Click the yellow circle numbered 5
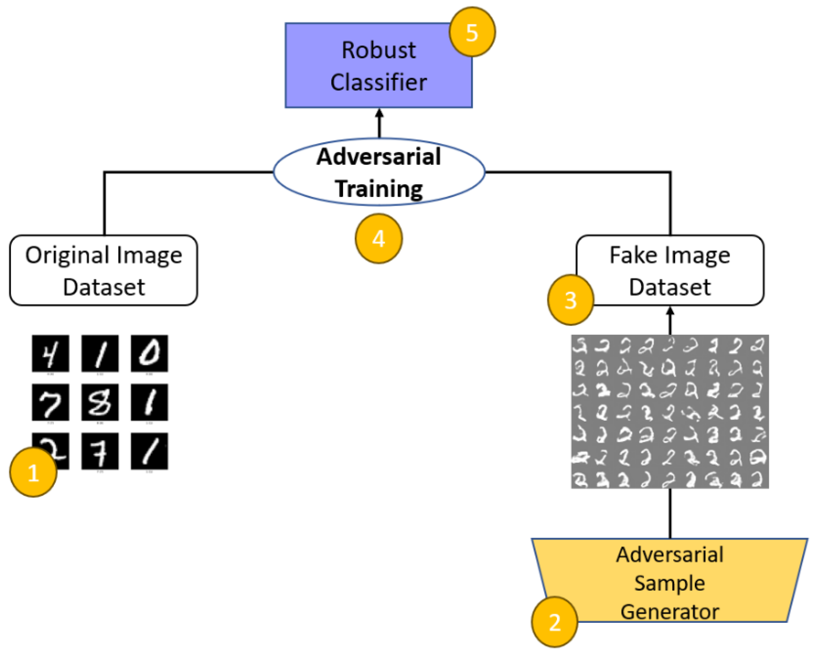pyautogui.click(x=472, y=32)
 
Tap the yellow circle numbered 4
pyautogui.click(x=379, y=239)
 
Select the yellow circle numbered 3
pyautogui.click(x=571, y=300)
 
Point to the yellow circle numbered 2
pyautogui.click(x=554, y=622)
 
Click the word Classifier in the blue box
pyautogui.click(x=378, y=82)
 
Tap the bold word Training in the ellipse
pyautogui.click(x=379, y=188)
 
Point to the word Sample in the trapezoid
pyautogui.click(x=669, y=583)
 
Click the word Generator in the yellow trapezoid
pyautogui.click(x=669, y=612)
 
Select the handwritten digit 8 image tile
pyautogui.click(x=100, y=402)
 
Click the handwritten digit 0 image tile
pyautogui.click(x=149, y=353)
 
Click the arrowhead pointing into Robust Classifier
pyautogui.click(x=379, y=114)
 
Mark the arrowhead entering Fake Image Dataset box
pyautogui.click(x=670, y=311)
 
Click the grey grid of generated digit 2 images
pyautogui.click(x=670, y=412)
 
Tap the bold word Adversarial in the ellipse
pyautogui.click(x=379, y=156)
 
